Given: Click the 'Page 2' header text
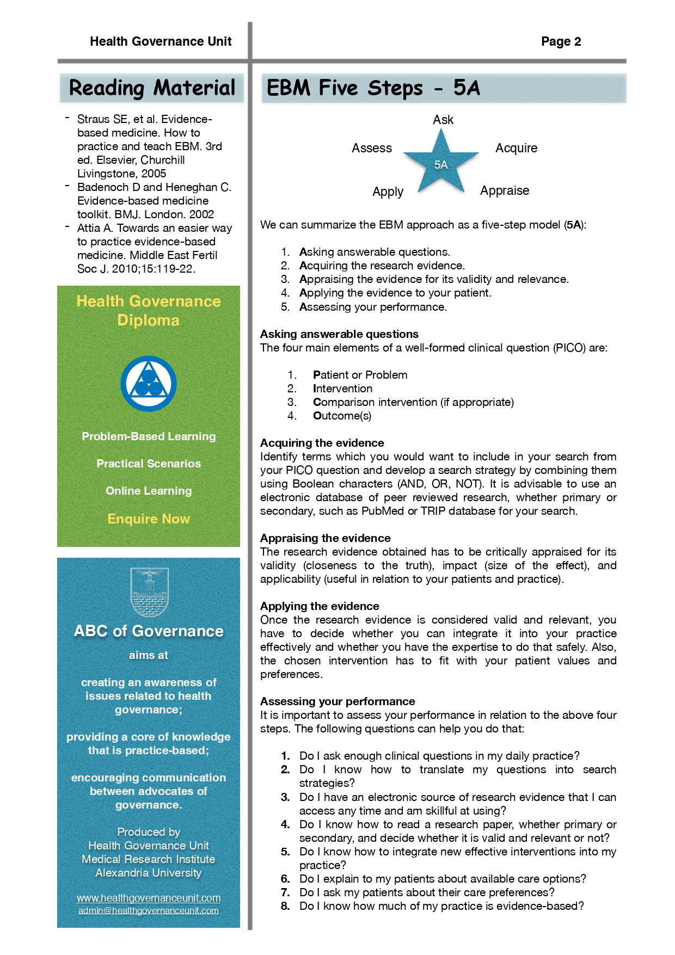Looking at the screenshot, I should [x=561, y=41].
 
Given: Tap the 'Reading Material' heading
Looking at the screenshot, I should [x=152, y=88].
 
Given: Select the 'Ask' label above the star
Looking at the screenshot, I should [x=443, y=120].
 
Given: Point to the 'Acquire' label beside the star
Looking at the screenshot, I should [x=516, y=148].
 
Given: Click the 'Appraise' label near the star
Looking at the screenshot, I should [x=505, y=190].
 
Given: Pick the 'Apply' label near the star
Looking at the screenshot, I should [x=388, y=192].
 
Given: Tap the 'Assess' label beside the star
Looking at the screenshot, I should [x=372, y=148].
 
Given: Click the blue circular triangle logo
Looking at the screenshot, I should [x=149, y=384].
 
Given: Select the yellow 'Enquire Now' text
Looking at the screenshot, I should [x=149, y=519].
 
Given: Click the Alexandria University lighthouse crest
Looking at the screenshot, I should [x=149, y=592].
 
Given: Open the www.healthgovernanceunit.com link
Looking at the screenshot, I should [x=149, y=898].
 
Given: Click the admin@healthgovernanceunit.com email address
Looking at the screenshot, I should [x=149, y=910].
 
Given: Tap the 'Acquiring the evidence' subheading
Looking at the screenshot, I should [x=322, y=443].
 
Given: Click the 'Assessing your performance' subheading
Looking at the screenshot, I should [x=337, y=701].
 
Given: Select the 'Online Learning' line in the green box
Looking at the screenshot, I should [x=149, y=491].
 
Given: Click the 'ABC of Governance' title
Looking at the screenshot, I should [x=149, y=631].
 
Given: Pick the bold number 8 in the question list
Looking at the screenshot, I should [x=285, y=906].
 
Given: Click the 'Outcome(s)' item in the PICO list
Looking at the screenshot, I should [x=342, y=416].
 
